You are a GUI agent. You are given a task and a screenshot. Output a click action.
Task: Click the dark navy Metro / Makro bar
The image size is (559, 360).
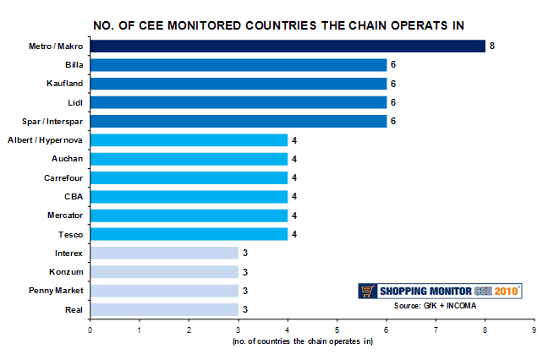288,46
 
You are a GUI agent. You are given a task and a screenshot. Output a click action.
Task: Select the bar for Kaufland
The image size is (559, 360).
238,84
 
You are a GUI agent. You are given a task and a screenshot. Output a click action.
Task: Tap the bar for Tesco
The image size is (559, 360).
189,234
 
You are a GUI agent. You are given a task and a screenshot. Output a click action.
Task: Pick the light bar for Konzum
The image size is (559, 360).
164,272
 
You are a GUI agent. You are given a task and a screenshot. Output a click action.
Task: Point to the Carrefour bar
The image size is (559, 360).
189,177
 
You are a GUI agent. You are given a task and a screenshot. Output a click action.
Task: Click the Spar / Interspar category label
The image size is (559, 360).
52,122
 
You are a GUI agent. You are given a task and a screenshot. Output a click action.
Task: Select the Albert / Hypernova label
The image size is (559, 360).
45,140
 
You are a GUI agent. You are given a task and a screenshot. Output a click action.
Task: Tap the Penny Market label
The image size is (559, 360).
56,291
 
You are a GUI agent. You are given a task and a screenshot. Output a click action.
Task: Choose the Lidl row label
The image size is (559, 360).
75,103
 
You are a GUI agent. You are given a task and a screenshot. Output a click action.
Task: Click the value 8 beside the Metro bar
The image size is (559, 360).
492,46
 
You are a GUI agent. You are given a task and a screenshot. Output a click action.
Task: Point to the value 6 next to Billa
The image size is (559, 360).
393,64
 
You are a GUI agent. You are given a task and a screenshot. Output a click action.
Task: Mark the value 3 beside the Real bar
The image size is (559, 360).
245,309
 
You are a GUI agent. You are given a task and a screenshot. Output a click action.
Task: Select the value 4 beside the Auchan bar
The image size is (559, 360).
294,159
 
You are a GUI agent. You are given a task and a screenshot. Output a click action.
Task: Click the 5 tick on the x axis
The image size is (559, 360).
337,330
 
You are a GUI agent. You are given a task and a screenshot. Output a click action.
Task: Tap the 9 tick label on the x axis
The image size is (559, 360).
534,330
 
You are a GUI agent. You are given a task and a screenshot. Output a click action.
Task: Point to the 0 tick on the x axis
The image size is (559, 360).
90,330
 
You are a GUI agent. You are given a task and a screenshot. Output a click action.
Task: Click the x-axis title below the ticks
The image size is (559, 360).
303,341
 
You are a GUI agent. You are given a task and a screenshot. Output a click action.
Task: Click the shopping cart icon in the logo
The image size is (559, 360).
368,291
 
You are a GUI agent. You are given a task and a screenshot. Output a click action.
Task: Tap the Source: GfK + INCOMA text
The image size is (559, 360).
435,306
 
